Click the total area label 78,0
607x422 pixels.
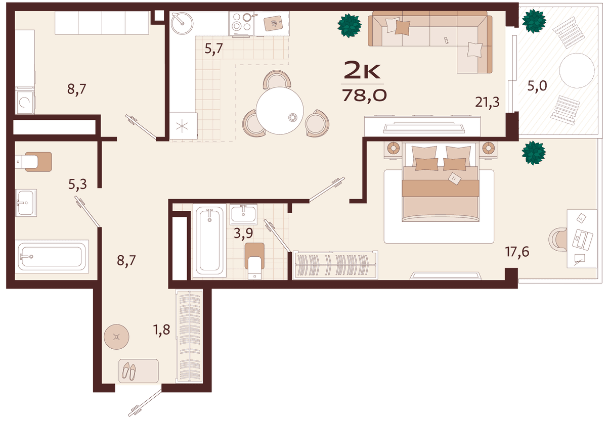click(x=365, y=96)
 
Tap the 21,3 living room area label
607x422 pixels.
click(x=487, y=102)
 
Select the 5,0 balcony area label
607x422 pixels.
click(x=537, y=86)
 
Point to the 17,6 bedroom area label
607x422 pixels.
click(x=517, y=252)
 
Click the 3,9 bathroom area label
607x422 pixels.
click(x=243, y=233)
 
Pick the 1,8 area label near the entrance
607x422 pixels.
click(x=162, y=330)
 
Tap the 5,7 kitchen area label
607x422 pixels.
click(x=214, y=49)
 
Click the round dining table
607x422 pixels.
click(x=280, y=111)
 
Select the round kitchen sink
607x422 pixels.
click(x=182, y=24)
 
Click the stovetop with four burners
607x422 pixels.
click(x=241, y=23)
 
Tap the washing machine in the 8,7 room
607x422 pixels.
click(x=25, y=102)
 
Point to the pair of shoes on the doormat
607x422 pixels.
click(x=128, y=371)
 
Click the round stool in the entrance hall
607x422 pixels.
click(x=116, y=337)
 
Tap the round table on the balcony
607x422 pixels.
click(x=577, y=71)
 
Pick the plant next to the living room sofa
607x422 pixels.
click(x=350, y=26)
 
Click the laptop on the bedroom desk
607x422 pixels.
click(x=582, y=239)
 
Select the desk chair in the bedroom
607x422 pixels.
click(x=558, y=239)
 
